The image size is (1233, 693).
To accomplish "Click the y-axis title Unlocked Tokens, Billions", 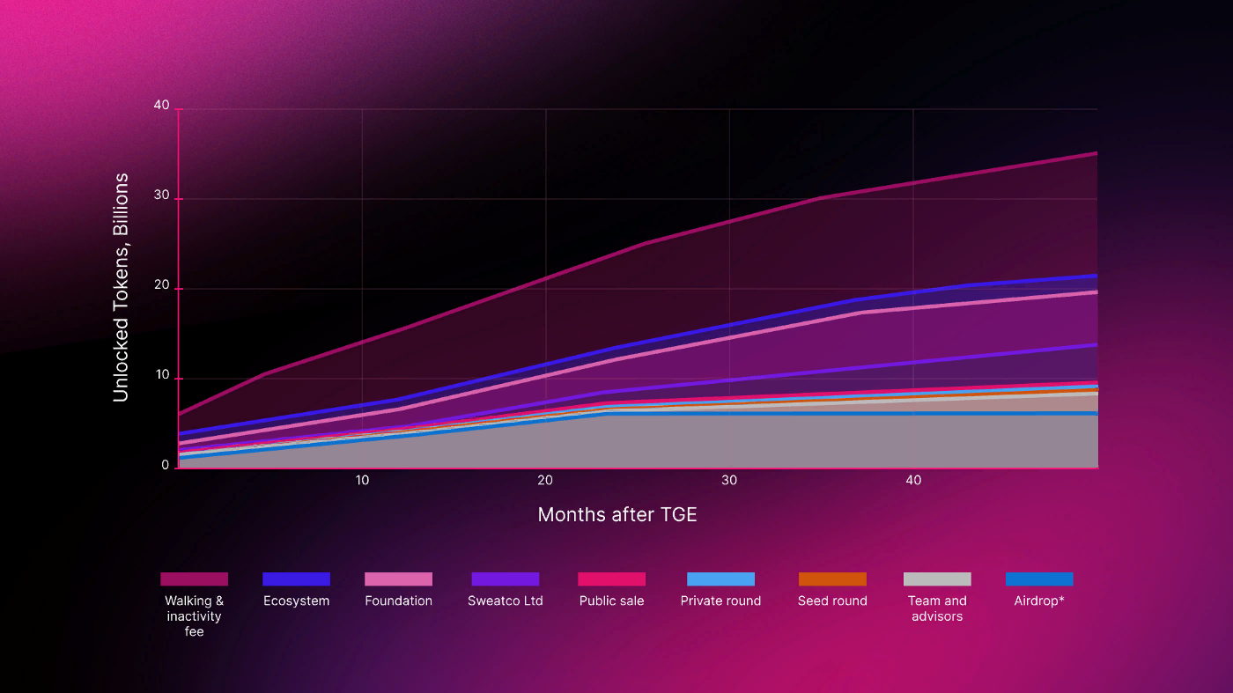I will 121,287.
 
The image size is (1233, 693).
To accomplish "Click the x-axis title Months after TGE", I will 616,514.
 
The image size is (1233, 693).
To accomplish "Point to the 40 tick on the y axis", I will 161,106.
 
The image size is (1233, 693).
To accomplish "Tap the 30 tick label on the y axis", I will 161,198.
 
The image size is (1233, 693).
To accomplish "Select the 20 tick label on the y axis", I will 161,288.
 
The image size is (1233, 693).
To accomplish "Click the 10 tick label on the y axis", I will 161,378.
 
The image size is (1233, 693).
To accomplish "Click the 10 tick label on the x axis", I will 362,480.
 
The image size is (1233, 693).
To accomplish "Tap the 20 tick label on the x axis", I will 545,480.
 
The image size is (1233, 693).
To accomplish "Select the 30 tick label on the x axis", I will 729,480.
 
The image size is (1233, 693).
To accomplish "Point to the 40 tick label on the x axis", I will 913,480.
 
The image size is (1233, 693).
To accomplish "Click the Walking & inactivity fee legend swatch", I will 194,579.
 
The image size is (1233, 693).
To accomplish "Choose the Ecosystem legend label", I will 296,601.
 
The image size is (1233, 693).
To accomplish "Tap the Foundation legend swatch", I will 398,579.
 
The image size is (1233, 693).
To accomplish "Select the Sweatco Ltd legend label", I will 505,601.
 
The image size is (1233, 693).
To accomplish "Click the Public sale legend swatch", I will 611,579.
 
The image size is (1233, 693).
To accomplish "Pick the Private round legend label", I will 720,601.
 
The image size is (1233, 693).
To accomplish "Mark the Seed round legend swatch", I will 832,579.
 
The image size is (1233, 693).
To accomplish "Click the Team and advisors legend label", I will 937,608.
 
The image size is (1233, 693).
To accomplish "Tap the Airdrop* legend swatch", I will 1039,579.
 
